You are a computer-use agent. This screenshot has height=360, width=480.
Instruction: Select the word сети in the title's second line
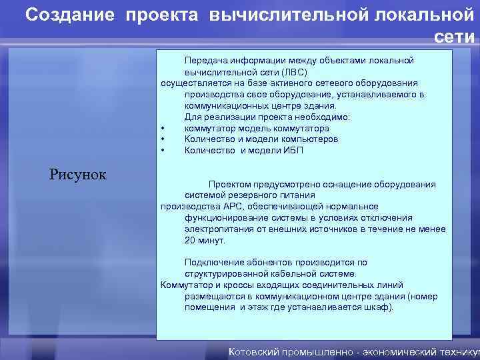[455, 37]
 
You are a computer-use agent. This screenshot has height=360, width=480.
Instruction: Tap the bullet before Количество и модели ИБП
[163, 151]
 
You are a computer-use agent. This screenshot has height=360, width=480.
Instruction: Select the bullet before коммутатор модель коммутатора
[163, 129]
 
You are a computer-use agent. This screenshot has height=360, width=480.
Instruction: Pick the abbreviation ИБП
[294, 151]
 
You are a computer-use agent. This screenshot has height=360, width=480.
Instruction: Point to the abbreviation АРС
[234, 207]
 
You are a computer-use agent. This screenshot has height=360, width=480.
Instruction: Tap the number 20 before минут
[191, 240]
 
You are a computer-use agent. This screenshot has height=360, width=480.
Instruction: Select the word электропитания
[216, 229]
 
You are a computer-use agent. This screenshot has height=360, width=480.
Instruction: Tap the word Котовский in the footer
[256, 351]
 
